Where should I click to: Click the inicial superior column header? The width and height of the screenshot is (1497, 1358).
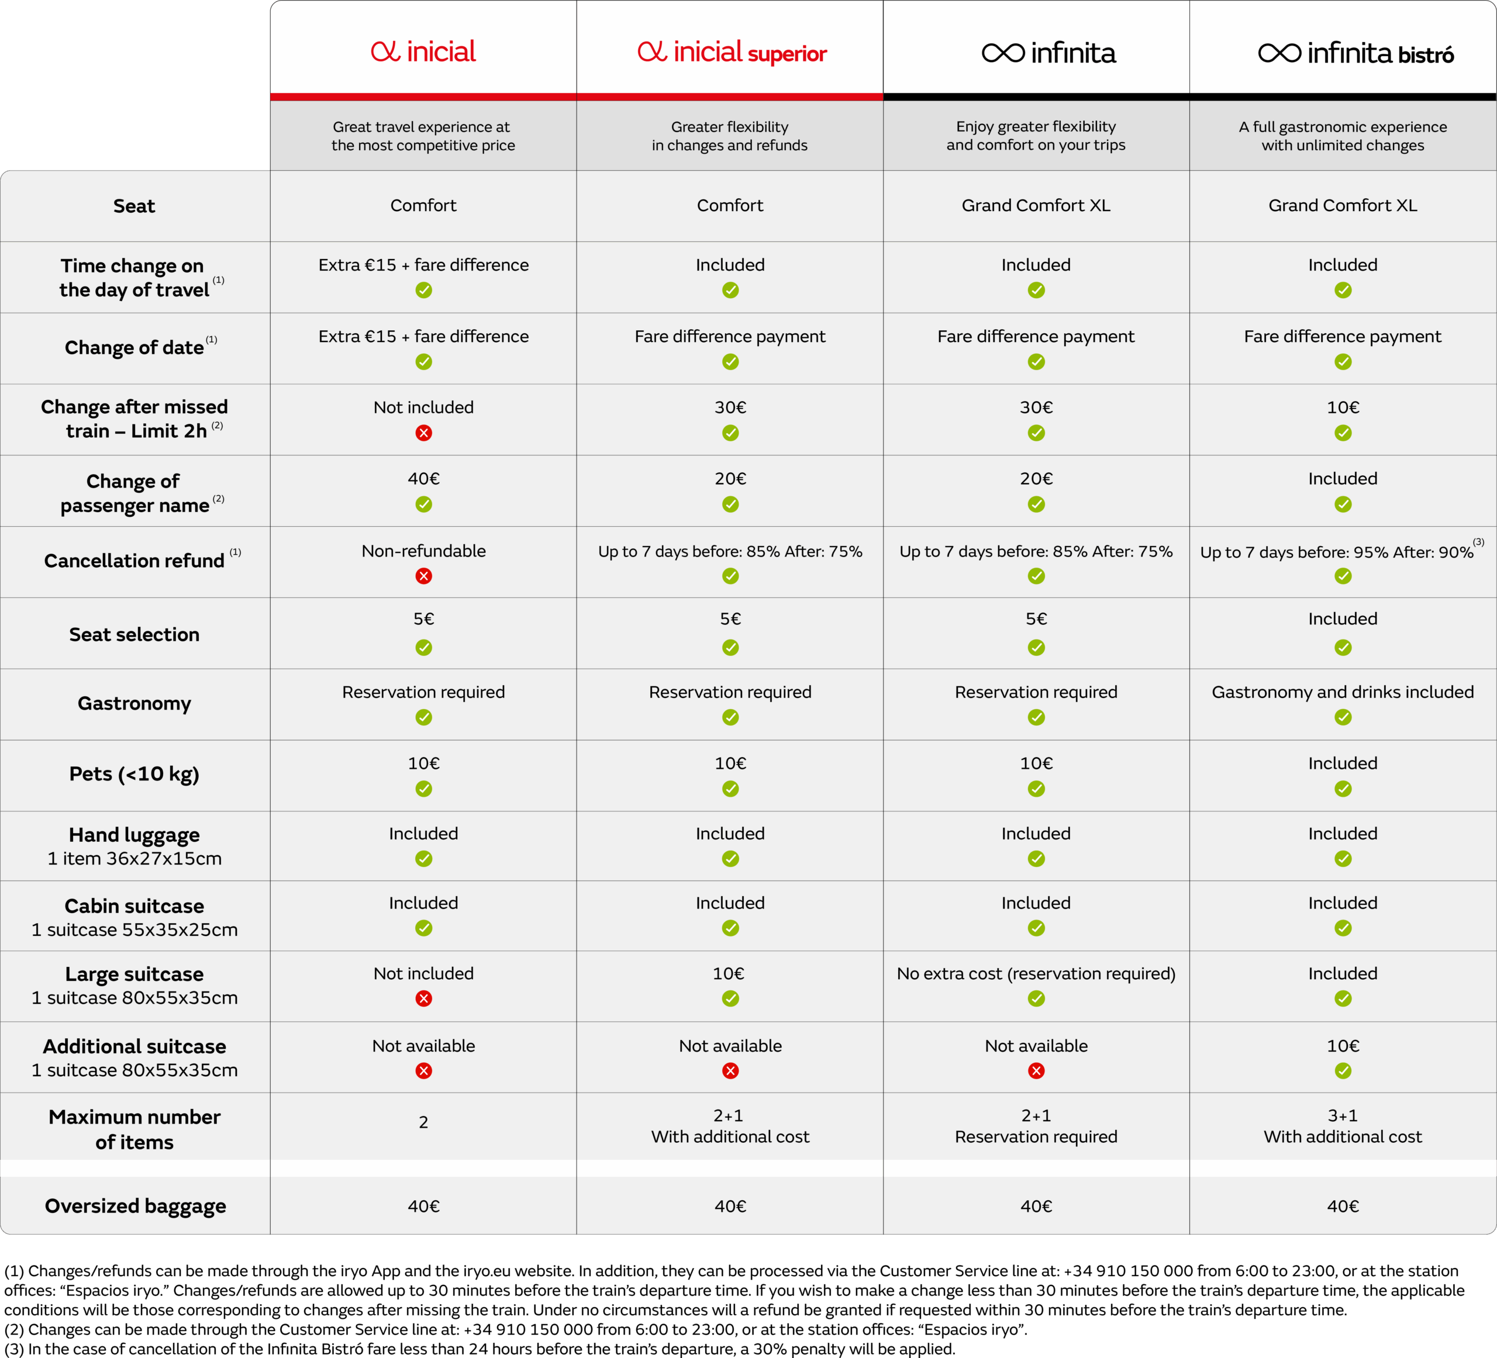tap(732, 52)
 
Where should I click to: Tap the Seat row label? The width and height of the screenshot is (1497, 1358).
tap(134, 206)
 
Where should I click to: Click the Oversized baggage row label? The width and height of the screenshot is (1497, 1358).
tap(135, 1206)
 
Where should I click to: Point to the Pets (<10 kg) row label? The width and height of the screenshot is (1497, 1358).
tap(134, 773)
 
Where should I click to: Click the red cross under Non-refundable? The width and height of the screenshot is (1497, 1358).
tap(423, 576)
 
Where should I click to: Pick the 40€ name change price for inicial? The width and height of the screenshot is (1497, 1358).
tap(423, 479)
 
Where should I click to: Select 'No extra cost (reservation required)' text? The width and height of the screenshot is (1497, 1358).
tap(1036, 973)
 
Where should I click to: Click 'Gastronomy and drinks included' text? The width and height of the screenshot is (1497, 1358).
tap(1343, 692)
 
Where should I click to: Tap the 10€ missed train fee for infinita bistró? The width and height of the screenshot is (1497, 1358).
tap(1343, 407)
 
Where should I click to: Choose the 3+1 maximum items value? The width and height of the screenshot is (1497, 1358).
tap(1343, 1115)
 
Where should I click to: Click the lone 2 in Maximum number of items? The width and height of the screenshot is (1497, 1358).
tap(423, 1122)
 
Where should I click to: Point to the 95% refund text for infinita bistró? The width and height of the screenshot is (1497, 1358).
tap(1337, 552)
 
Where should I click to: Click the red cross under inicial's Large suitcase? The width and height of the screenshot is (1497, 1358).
tap(423, 998)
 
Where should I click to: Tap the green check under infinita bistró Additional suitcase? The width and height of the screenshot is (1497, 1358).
tap(1343, 1070)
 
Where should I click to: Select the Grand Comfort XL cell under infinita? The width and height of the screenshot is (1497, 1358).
tap(1036, 206)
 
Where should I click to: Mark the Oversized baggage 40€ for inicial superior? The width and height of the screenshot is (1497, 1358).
tap(730, 1207)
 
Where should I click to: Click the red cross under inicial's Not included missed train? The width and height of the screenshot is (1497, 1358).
tap(423, 433)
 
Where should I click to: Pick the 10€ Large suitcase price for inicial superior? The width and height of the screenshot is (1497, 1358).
tap(729, 973)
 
